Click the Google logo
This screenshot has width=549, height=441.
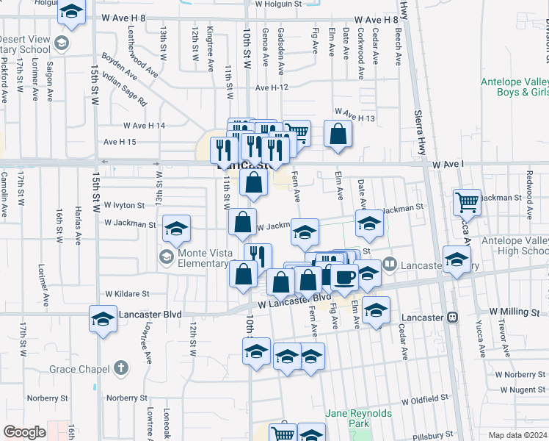point(25,432)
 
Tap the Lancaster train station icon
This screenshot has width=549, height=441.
point(453,318)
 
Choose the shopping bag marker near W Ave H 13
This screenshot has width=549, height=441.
point(337,134)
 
